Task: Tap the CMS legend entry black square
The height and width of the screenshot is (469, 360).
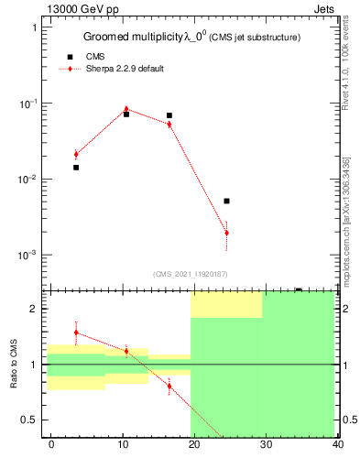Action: pyautogui.click(x=70, y=57)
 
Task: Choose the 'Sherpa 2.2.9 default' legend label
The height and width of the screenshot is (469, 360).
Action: pyautogui.click(x=125, y=70)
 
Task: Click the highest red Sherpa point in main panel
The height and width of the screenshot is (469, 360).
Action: pyautogui.click(x=126, y=109)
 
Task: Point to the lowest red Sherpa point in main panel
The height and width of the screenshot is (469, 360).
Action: pyautogui.click(x=226, y=233)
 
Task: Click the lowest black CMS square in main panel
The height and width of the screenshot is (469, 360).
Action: pyautogui.click(x=226, y=201)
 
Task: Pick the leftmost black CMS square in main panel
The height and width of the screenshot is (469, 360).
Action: pyautogui.click(x=76, y=168)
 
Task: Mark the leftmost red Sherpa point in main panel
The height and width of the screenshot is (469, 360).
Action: pyautogui.click(x=76, y=154)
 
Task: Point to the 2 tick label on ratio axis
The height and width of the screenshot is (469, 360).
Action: pyautogui.click(x=34, y=309)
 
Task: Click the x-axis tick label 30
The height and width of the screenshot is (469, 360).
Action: pyautogui.click(x=267, y=445)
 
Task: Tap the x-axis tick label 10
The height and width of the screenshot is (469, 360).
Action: pyautogui.click(x=123, y=445)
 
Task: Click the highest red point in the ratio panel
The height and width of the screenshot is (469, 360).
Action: pyautogui.click(x=76, y=332)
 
